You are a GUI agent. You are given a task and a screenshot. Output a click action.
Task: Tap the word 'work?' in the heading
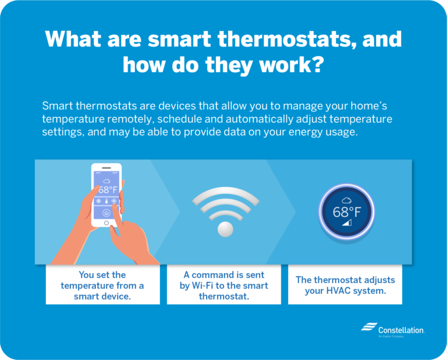pos(291,64)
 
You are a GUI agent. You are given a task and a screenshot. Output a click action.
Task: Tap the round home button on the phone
pos(107,223)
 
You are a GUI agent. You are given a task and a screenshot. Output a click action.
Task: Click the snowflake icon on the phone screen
pos(98,202)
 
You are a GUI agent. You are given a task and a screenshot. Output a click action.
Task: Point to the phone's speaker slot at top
pos(107,168)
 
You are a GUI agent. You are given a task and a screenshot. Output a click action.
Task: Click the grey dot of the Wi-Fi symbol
pos(225,229)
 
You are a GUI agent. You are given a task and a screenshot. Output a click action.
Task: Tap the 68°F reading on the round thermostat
pos(347,212)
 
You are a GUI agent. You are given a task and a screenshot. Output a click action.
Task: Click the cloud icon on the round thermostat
pos(346,200)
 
